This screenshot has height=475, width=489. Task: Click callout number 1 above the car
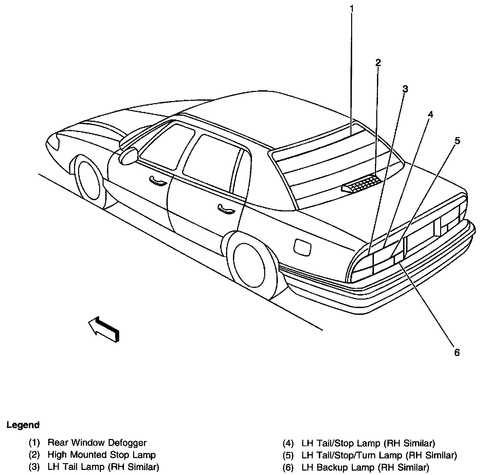pyautogui.click(x=352, y=8)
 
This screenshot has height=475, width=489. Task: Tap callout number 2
pyautogui.click(x=378, y=62)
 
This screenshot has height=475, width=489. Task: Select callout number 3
pyautogui.click(x=405, y=89)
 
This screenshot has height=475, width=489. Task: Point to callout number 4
pyautogui.click(x=430, y=114)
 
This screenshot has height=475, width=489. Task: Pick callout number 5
pyautogui.click(x=457, y=140)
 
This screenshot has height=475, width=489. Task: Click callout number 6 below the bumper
pyautogui.click(x=457, y=353)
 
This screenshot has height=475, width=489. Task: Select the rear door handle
pyautogui.click(x=226, y=209)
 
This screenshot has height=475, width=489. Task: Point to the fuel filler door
pyautogui.click(x=303, y=247)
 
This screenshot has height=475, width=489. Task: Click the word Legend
pyautogui.click(x=23, y=425)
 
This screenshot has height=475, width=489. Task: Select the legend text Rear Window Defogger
pyautogui.click(x=97, y=443)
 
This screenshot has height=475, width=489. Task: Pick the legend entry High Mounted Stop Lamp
pyautogui.click(x=102, y=455)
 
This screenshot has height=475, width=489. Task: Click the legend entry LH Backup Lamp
pyautogui.click(x=365, y=467)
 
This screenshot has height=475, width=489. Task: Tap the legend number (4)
pyautogui.click(x=288, y=443)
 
